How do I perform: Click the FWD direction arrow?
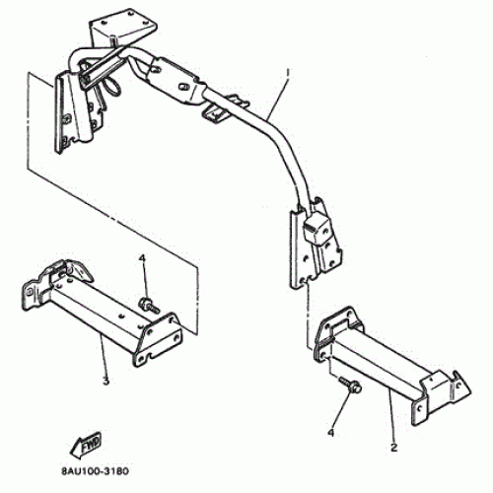pos(86,445)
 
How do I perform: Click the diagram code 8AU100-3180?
pos(95,471)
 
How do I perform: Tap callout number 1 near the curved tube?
pos(288,72)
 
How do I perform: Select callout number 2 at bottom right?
pos(393,448)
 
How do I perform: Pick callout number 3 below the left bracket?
pos(106,382)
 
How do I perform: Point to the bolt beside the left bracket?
pos(150,305)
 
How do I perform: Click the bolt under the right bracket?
pos(350,385)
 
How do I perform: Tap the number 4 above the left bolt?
pos(142,258)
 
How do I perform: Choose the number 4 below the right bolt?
pos(330,432)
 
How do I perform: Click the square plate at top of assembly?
pos(123,30)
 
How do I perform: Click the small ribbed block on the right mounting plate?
pos(316,228)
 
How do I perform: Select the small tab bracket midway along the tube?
pos(224,108)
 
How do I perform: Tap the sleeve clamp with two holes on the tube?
pos(177,81)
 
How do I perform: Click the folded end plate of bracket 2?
pos(441,396)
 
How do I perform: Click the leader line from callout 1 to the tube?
pos(277,95)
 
